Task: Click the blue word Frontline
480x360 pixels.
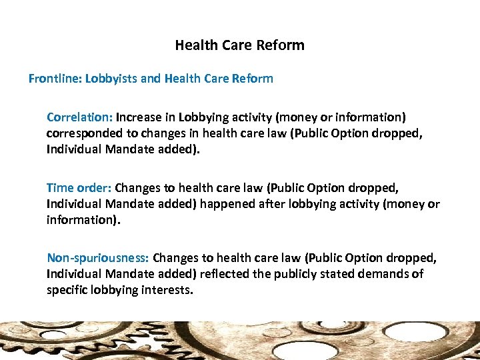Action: [54, 79]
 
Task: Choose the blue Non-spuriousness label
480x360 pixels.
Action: [99, 258]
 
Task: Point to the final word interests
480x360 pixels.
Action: [169, 290]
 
